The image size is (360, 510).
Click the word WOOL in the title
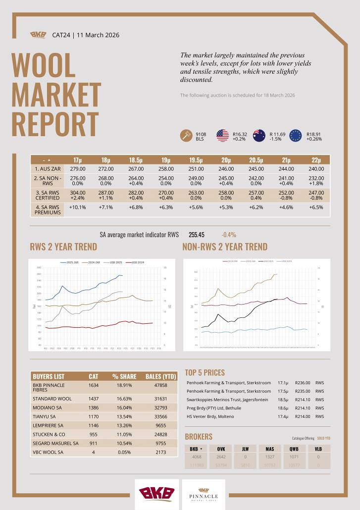tap(43, 65)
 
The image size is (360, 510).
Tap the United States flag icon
tap(222, 136)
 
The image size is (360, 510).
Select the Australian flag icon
tap(259, 136)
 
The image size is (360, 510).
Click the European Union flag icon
tap(296, 136)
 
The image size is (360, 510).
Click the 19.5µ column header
tap(196, 160)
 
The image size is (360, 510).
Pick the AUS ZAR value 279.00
tap(78, 169)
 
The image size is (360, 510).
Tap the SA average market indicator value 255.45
tap(197, 235)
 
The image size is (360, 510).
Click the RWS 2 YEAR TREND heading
tap(63, 247)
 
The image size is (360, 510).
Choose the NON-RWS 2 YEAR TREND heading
tap(225, 247)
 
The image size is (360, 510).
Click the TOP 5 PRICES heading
tap(205, 372)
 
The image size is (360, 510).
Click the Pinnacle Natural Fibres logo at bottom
tap(204, 495)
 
